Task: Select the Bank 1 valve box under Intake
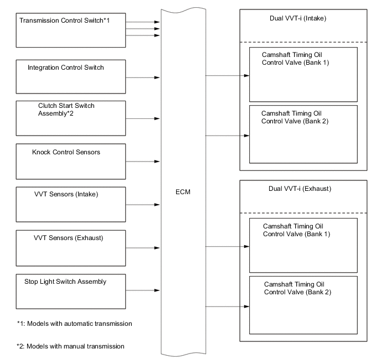[302, 74]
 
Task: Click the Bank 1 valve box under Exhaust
[302, 245]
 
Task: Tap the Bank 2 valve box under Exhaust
[302, 305]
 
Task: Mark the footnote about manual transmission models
[70, 346]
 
